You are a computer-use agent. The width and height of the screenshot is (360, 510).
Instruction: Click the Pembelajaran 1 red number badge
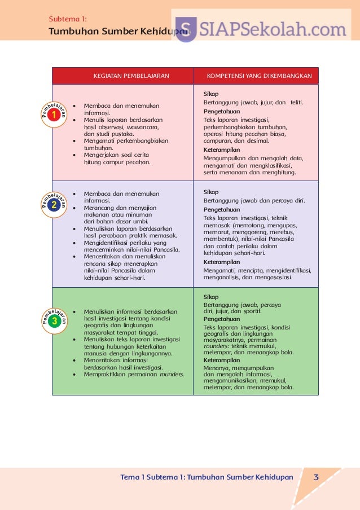click(54, 115)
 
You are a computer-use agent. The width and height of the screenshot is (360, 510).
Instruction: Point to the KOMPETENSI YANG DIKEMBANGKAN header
click(259, 76)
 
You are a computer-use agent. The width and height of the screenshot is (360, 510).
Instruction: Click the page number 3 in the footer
click(316, 477)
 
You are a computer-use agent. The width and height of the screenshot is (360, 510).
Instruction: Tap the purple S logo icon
click(186, 29)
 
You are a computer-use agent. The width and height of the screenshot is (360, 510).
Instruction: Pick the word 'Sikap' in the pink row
click(211, 94)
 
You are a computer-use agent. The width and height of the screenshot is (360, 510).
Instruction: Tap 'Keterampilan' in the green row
click(222, 360)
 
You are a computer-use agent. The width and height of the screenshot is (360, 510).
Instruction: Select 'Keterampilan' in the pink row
click(222, 150)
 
